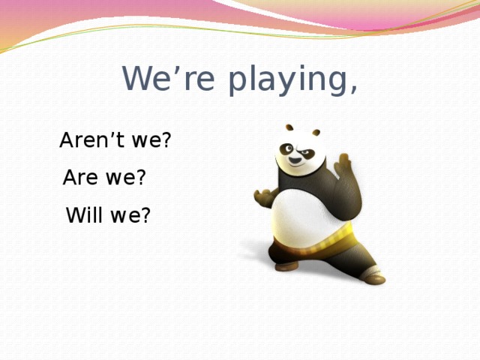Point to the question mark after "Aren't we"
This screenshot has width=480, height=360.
166,140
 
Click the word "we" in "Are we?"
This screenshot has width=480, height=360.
120,179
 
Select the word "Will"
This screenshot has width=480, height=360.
85,217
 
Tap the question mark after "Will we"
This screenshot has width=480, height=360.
146,217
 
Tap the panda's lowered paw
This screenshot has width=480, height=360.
264,198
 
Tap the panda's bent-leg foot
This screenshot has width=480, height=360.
286,265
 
